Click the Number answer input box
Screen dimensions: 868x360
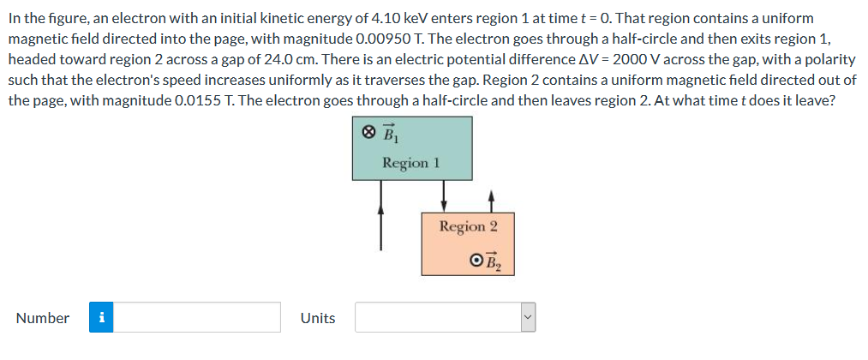pos(198,317)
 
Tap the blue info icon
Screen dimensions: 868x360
pos(102,317)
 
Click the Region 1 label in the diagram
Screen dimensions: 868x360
pos(411,163)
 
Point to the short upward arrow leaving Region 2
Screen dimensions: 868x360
pos(491,200)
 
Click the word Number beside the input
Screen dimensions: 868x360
pos(43,318)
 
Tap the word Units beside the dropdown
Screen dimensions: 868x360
pos(318,318)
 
